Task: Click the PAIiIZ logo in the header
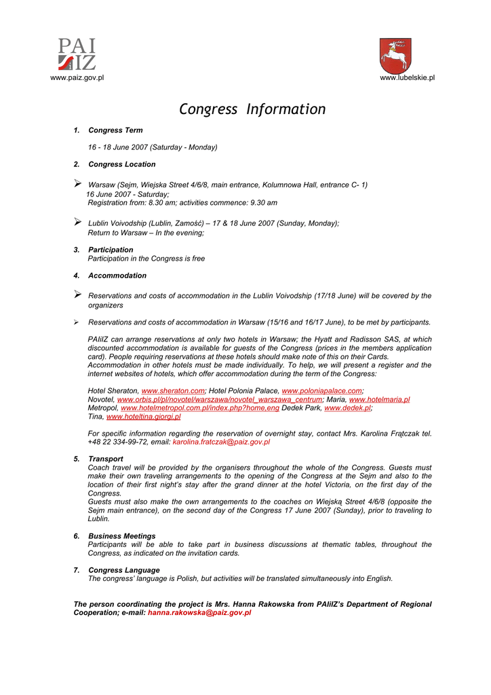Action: (77, 55)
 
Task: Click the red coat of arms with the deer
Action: (395, 56)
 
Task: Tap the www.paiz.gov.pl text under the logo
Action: (77, 78)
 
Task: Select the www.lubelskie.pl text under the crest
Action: (407, 78)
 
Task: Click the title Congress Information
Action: (252, 109)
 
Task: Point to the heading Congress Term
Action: (115, 130)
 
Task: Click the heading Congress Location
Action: (121, 164)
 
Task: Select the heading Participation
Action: (111, 250)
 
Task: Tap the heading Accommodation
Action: (117, 276)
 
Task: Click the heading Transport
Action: (105, 459)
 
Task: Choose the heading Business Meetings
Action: (121, 536)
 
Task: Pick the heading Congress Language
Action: (123, 570)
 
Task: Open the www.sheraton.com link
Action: (173, 391)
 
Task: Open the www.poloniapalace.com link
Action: (321, 391)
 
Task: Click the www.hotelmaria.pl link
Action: (379, 400)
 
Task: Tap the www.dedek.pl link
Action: (347, 409)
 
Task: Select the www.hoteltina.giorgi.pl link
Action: (143, 417)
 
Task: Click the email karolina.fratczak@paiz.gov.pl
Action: (221, 442)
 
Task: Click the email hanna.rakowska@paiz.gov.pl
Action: (199, 612)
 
